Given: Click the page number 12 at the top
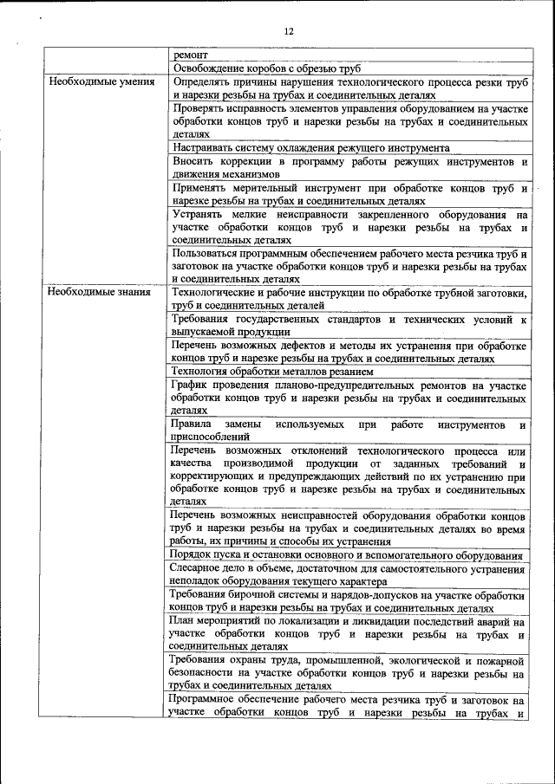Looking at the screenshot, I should coord(289,32).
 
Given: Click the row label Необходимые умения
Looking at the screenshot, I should coord(101,82).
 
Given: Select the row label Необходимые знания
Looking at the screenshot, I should coord(100,292).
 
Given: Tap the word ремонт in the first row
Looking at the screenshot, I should coord(190,54).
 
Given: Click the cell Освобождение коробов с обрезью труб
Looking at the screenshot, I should coord(266,68).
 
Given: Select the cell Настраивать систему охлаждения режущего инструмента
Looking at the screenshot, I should coord(310,148).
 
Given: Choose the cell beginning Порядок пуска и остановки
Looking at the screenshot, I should coord(346,555).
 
